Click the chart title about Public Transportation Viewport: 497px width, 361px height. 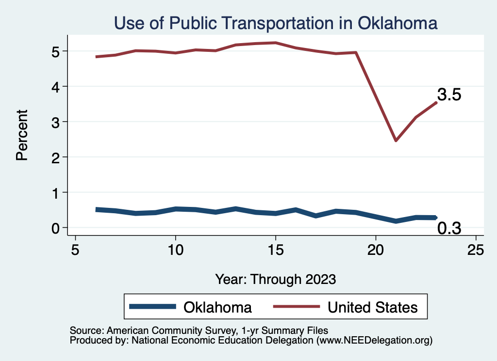pos(276,23)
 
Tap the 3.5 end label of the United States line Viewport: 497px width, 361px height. pos(449,94)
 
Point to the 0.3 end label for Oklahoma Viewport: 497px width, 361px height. pos(449,228)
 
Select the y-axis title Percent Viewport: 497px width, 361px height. pos(21,135)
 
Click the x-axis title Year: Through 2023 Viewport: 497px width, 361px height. pos(276,279)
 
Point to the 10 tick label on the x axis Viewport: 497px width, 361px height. pos(175,251)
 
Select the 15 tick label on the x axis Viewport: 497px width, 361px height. pos(275,251)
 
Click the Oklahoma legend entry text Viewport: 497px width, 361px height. pos(217,307)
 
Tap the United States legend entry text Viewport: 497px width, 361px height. pos(372,307)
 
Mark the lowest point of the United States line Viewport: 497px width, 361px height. pos(396,141)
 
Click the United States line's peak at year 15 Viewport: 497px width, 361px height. pos(275,43)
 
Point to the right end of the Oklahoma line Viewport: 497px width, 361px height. pos(436,218)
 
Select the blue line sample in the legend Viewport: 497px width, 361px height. pos(152,307)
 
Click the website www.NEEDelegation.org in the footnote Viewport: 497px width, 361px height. pos(374,340)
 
